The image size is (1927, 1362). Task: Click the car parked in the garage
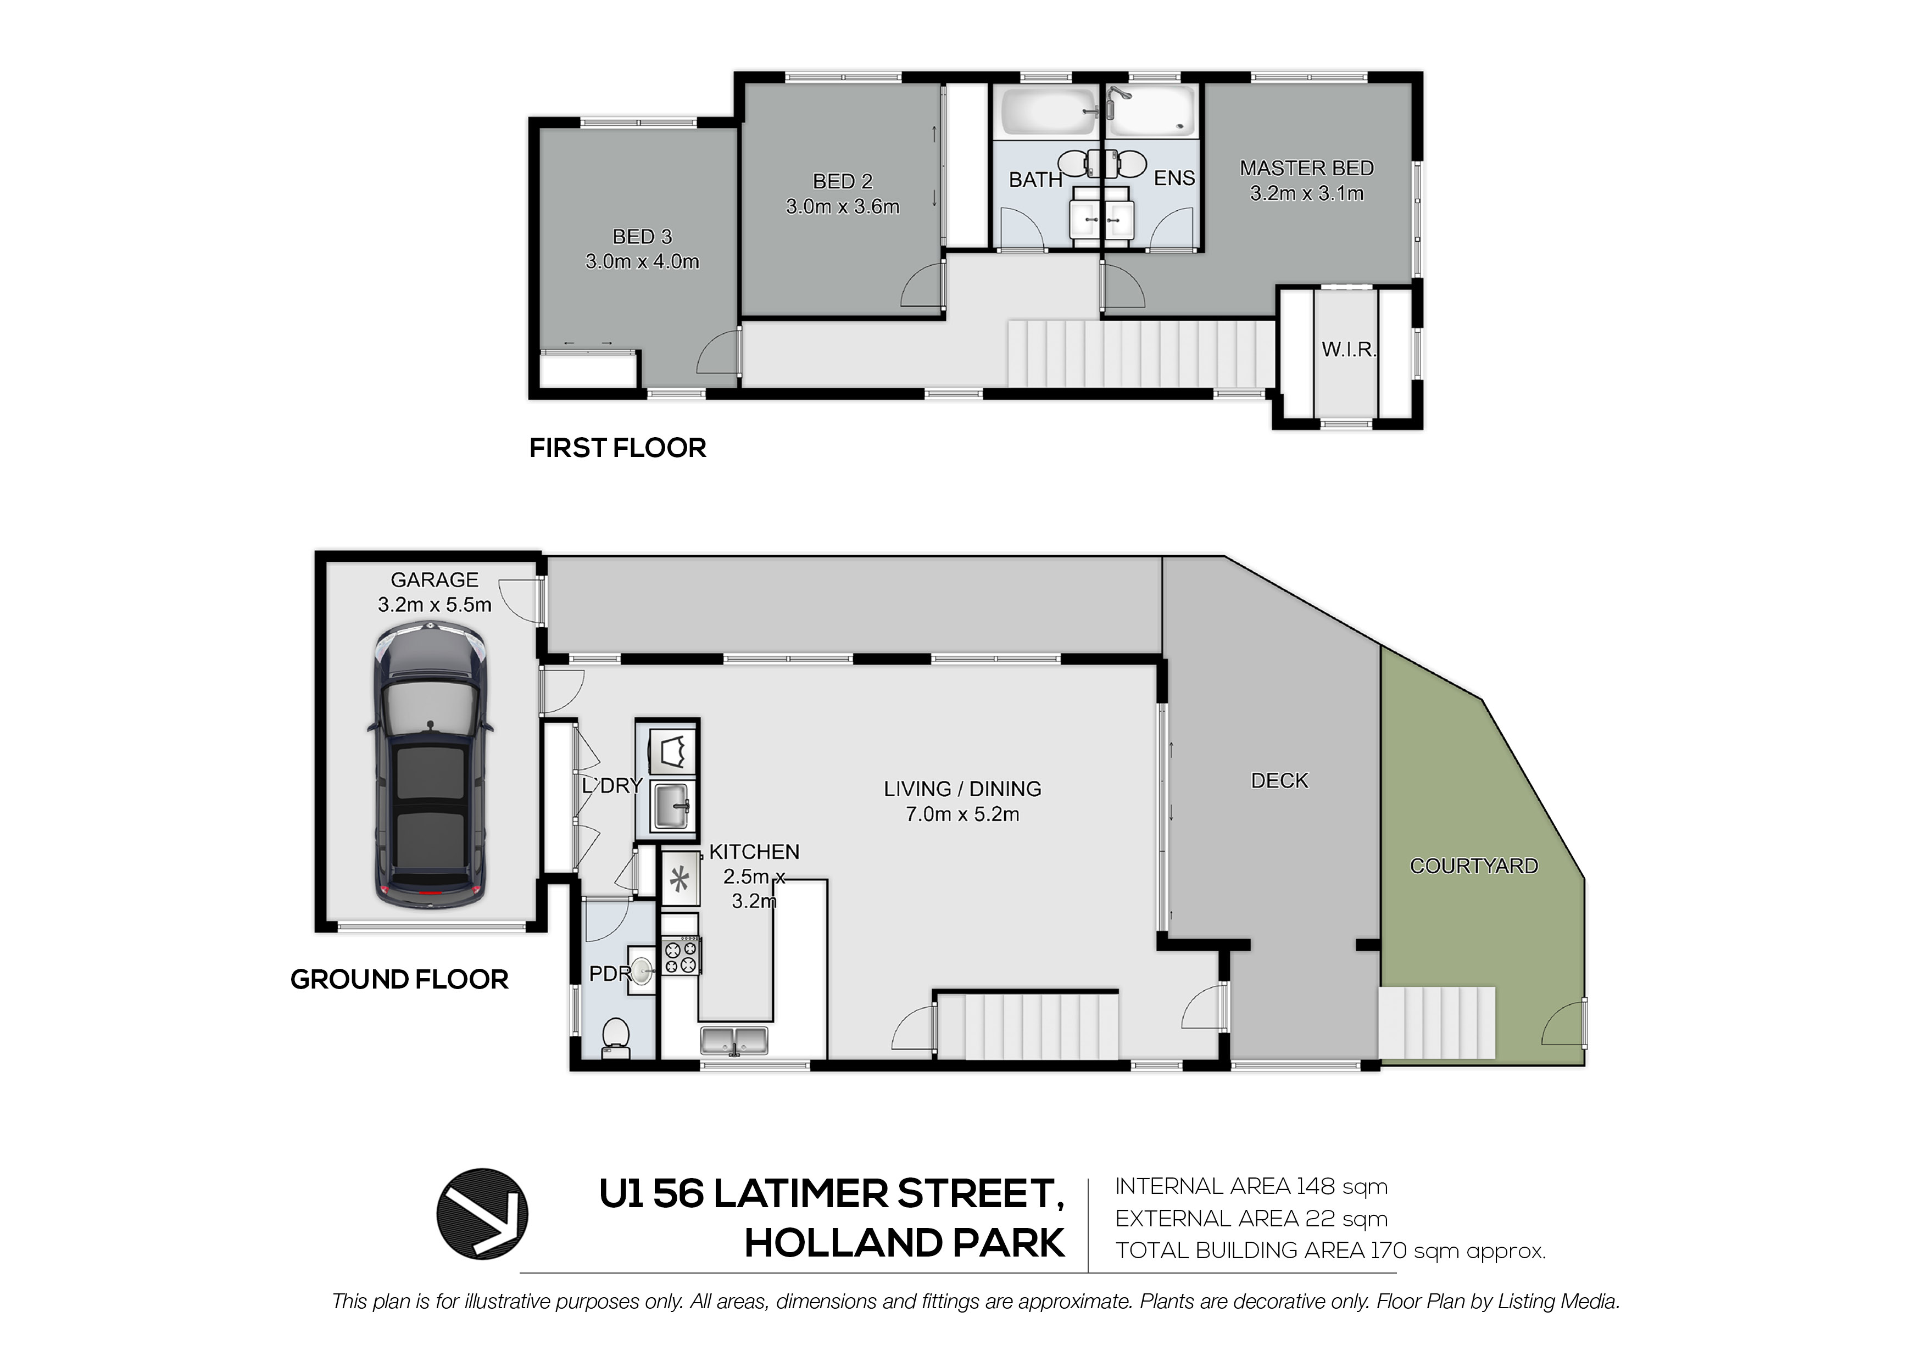tap(430, 764)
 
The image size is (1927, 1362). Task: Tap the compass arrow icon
tap(482, 1214)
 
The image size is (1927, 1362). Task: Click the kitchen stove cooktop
tap(681, 956)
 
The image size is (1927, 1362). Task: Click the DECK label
tap(1279, 780)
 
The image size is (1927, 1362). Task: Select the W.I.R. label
tap(1349, 349)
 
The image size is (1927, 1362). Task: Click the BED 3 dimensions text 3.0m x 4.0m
tap(642, 262)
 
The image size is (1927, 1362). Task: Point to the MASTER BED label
tap(1307, 168)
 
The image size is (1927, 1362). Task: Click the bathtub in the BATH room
tap(1048, 111)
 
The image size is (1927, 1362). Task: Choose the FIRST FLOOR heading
tap(618, 448)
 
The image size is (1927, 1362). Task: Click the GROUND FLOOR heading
tap(399, 979)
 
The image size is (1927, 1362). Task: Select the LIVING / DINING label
tap(962, 789)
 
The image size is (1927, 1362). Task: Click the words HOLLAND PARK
tap(905, 1243)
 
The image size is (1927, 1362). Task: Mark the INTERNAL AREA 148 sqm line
tap(1251, 1187)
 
